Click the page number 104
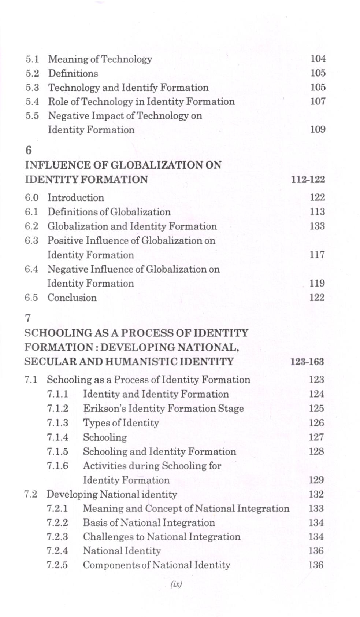(318, 59)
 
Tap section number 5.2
(32, 73)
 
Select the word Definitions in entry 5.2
(73, 73)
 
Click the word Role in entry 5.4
(56, 101)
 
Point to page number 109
(318, 129)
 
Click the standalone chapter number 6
(29, 150)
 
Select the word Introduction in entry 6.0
(75, 198)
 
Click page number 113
(317, 212)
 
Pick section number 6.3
(31, 241)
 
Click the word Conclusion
(72, 298)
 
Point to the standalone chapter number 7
(28, 318)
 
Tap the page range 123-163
(307, 362)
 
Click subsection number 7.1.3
(57, 423)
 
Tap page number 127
(316, 437)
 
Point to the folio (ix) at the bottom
(176, 584)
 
